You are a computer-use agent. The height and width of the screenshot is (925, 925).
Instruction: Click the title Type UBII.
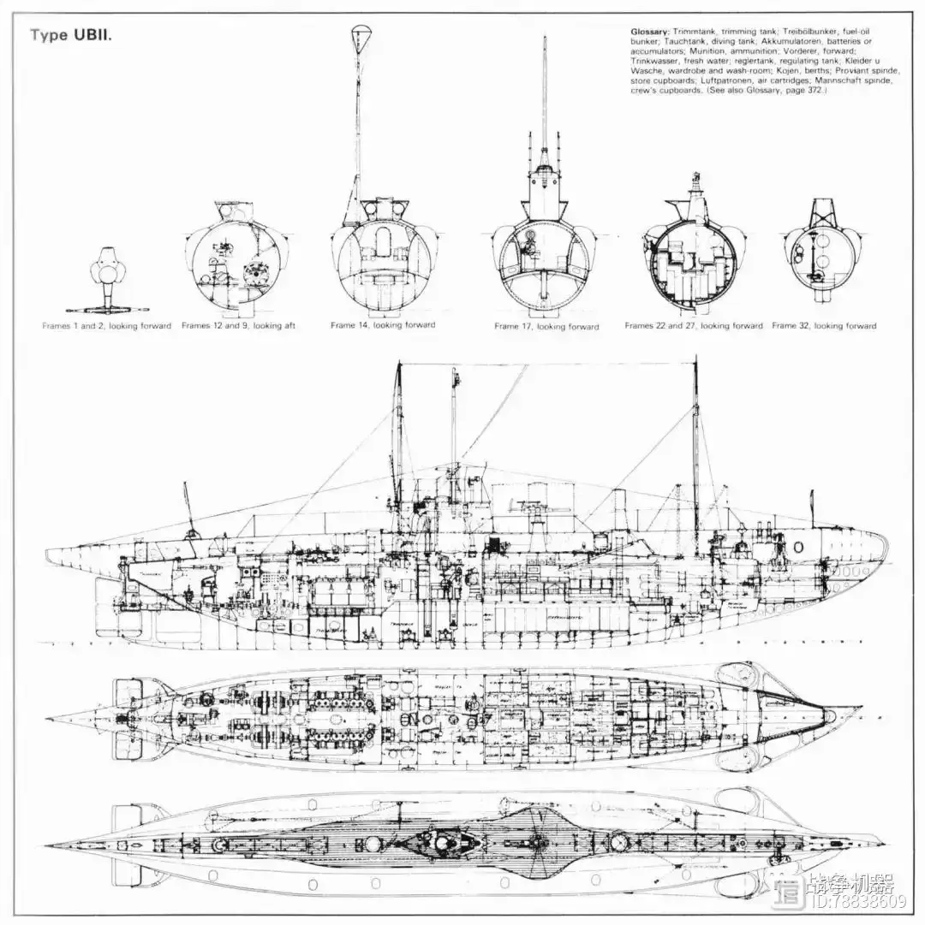(x=72, y=35)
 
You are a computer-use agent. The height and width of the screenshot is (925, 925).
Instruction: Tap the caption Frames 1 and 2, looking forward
(x=107, y=326)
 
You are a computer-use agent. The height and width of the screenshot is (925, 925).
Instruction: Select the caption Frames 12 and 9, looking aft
(x=238, y=326)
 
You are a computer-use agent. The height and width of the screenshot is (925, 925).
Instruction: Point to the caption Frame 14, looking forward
(x=383, y=325)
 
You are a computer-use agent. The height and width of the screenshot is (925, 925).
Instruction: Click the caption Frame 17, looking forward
(x=546, y=327)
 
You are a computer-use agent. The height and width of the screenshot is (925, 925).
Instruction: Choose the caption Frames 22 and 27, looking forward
(x=693, y=326)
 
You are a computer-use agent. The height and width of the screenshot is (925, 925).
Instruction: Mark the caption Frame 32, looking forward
(x=824, y=326)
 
